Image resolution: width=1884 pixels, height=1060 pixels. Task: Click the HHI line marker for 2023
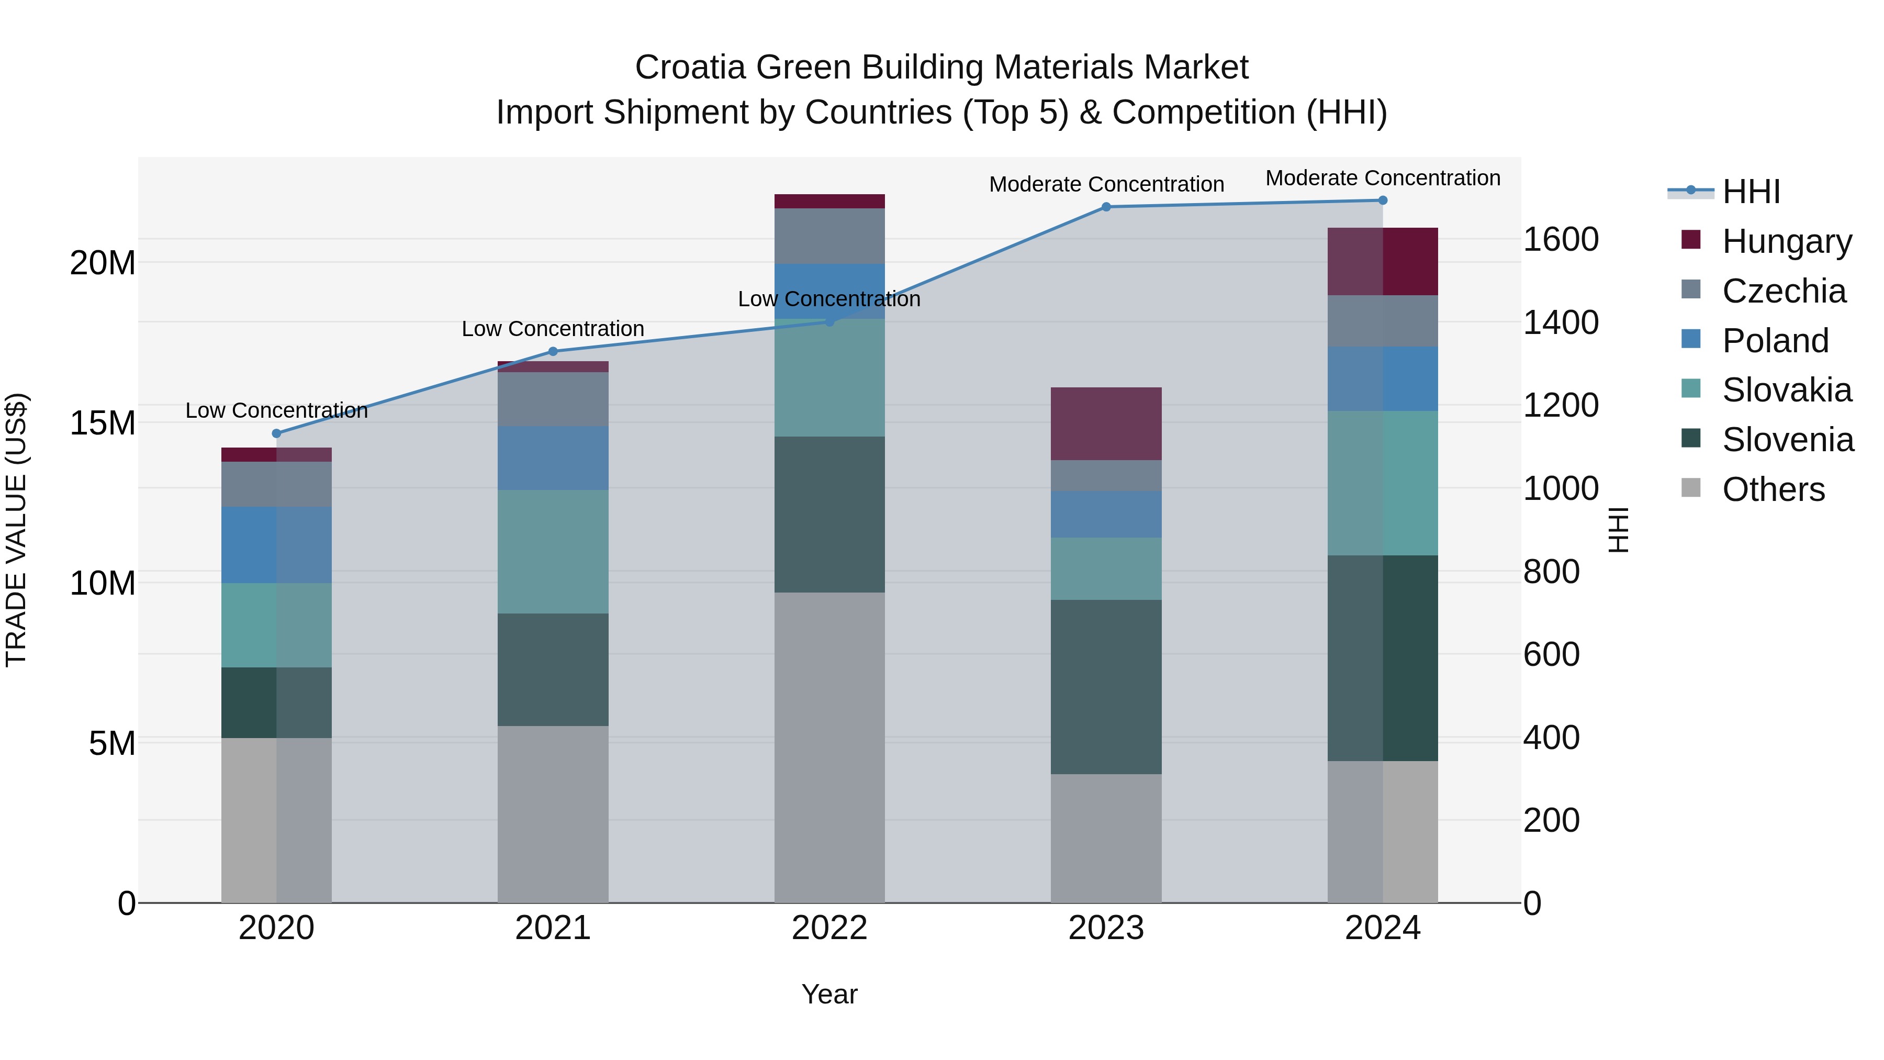coord(1106,207)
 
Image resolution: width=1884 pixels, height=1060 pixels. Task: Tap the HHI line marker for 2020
coord(276,433)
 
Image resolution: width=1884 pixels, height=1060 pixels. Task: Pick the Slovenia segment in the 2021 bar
coord(553,670)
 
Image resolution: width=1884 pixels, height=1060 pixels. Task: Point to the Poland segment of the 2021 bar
coord(553,458)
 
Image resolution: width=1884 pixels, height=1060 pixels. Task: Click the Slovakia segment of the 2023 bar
coord(1106,568)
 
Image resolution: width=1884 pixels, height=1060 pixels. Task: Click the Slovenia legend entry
coord(1788,440)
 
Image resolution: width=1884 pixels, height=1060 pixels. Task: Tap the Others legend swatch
coord(1691,488)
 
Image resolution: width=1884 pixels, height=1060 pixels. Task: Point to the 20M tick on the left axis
coord(103,263)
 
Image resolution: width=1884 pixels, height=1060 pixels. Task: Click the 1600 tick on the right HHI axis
coord(1561,239)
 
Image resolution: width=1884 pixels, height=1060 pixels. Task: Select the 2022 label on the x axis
coord(829,928)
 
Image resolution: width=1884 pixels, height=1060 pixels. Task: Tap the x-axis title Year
coord(829,994)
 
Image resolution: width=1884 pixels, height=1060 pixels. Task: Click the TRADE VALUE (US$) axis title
coord(16,530)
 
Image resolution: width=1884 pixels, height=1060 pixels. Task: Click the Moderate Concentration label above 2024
coord(1382,178)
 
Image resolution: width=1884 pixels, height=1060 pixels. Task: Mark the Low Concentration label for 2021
coord(553,328)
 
